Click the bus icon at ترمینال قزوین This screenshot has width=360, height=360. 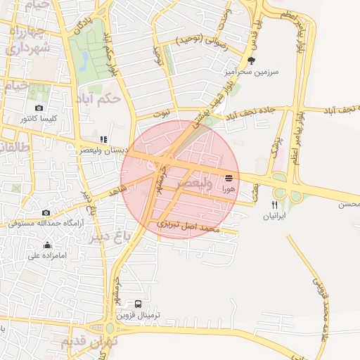tap(138, 304)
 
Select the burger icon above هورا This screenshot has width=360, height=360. tap(229, 179)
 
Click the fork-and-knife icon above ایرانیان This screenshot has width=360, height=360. tap(274, 205)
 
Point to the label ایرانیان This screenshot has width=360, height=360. tap(274, 217)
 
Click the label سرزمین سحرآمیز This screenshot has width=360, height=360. tap(257, 72)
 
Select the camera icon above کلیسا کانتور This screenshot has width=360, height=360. tap(39, 108)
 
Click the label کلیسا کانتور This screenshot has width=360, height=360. tap(39, 119)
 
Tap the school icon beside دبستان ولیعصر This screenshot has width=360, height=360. tap(103, 139)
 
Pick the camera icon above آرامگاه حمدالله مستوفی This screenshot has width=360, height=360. tap(46, 212)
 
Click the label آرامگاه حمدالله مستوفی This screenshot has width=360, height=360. tap(46, 223)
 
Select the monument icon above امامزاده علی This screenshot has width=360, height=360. tap(47, 245)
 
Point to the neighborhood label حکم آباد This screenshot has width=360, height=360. tap(101, 99)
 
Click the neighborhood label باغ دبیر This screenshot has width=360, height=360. tap(110, 235)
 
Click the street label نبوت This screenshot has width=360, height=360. tap(162, 113)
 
